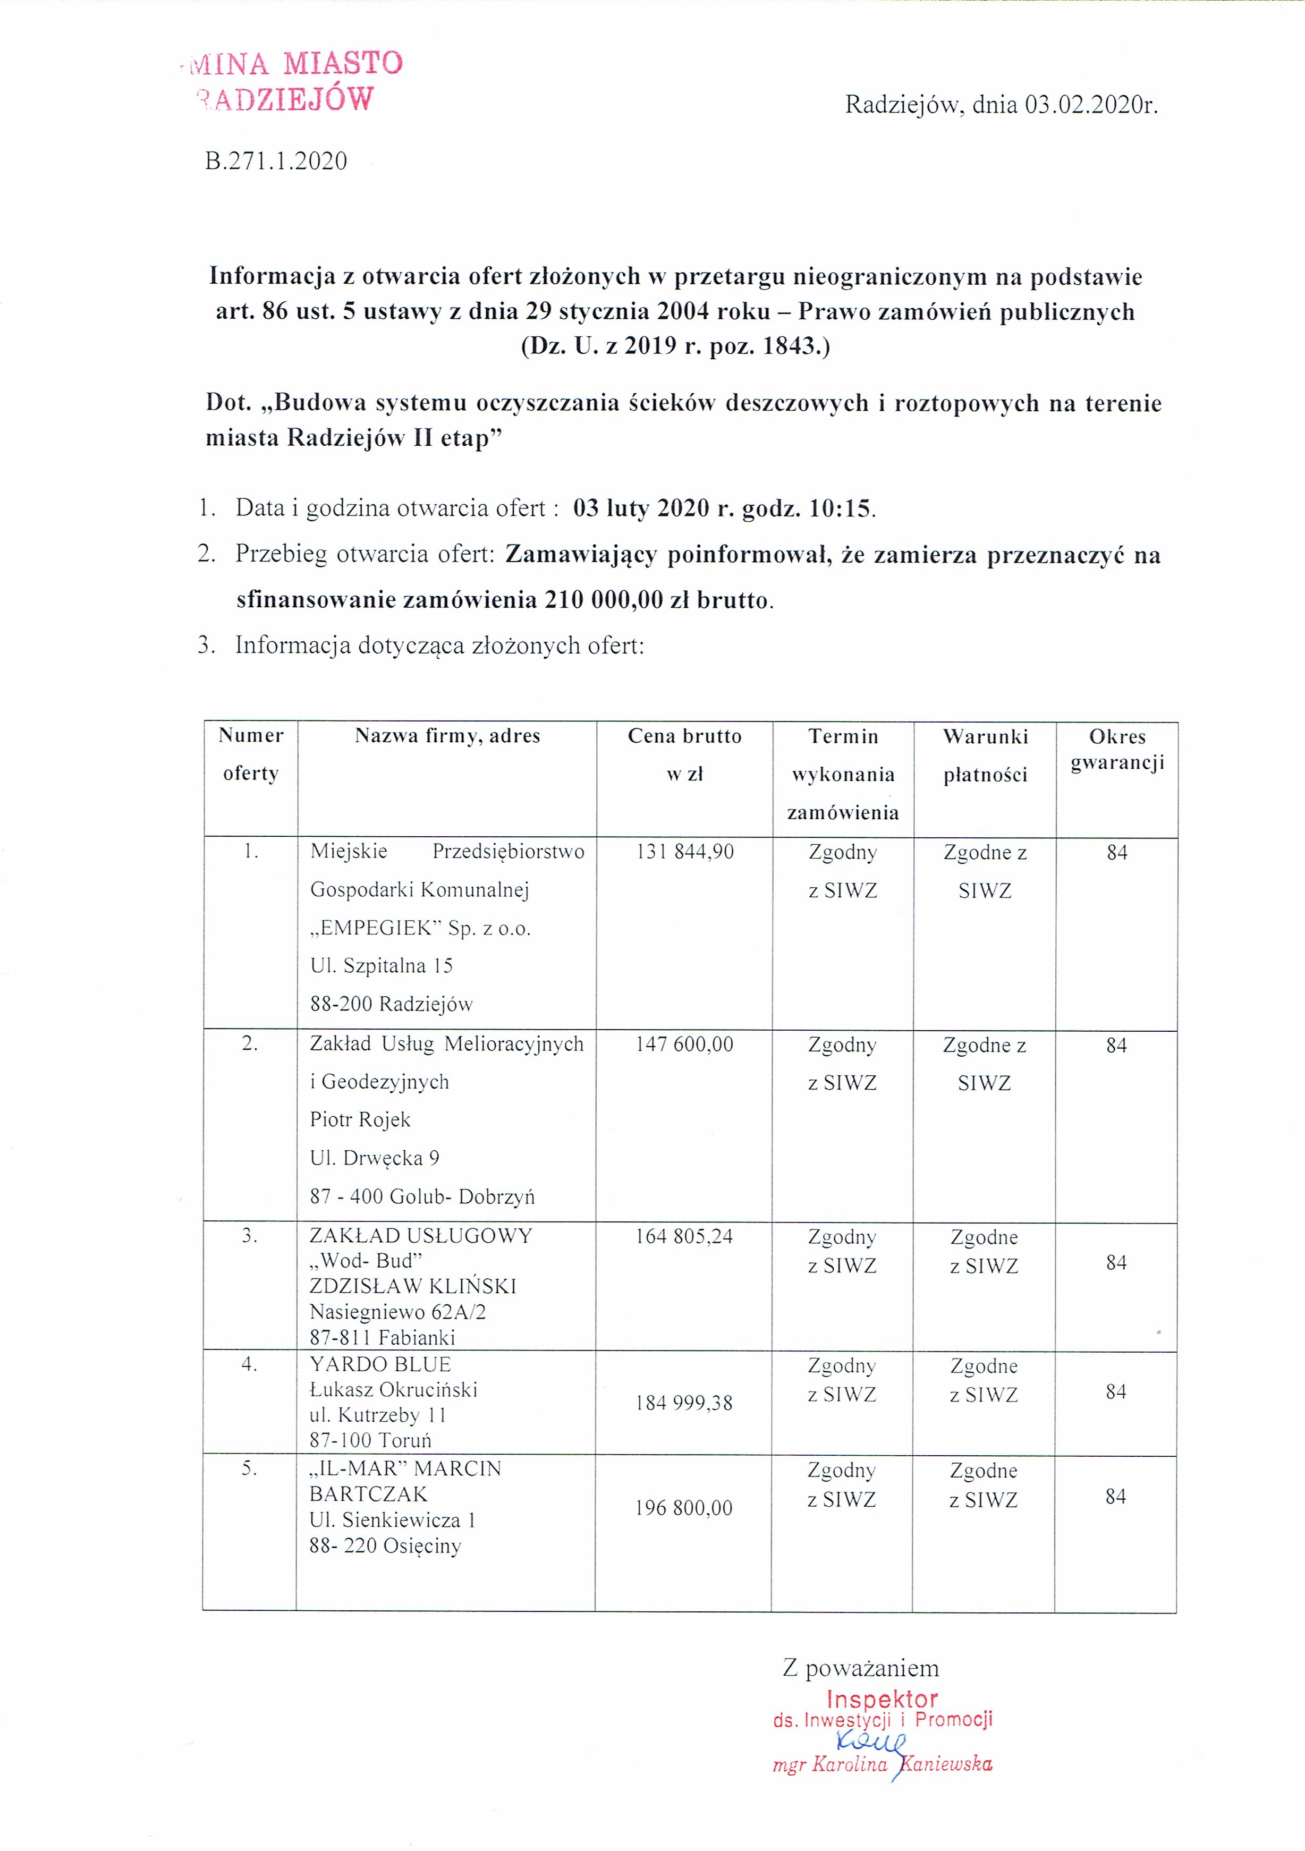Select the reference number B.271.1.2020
(276, 161)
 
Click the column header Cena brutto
(684, 736)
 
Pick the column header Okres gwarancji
(1117, 749)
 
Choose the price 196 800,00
(683, 1508)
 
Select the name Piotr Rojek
(360, 1120)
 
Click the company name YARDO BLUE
(380, 1365)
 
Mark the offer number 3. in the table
(250, 1236)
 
